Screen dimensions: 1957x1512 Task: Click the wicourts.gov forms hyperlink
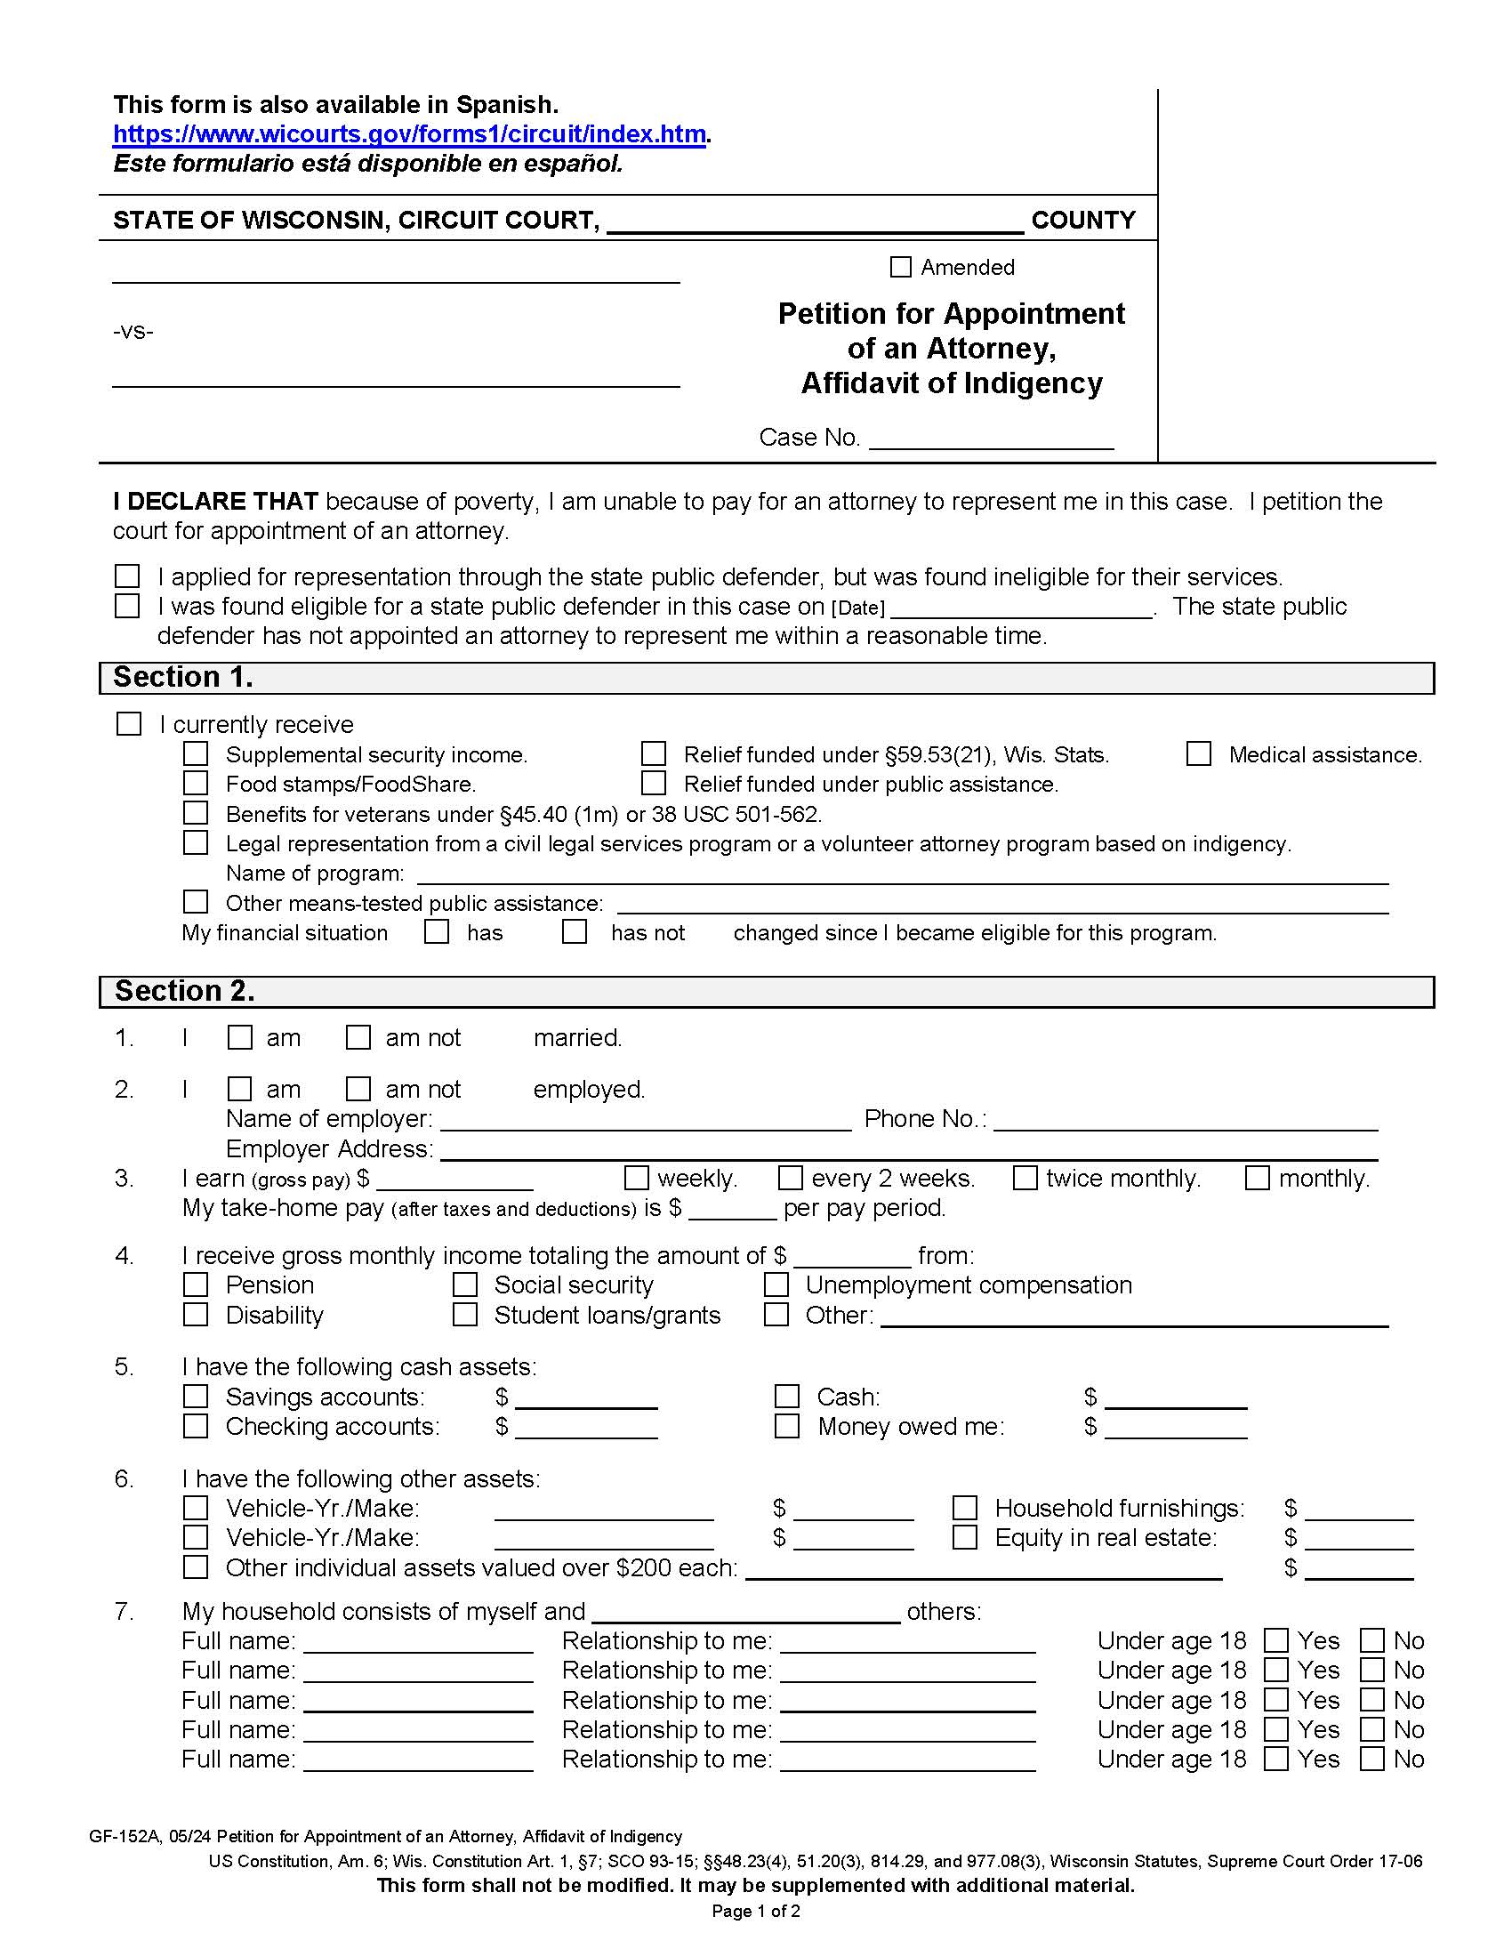coord(409,134)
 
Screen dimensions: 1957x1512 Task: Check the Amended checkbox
coord(900,267)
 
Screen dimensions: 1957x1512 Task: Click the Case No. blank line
coord(991,439)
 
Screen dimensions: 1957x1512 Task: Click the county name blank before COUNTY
coord(815,222)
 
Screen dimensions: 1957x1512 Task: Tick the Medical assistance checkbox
coord(1199,754)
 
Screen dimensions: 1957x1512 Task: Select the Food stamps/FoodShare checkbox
coord(196,784)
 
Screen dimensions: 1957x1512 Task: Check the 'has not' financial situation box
coord(575,932)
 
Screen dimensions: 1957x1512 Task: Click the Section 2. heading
coord(184,991)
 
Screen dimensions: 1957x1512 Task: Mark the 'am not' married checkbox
coord(358,1037)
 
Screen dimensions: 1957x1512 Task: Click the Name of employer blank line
coord(645,1121)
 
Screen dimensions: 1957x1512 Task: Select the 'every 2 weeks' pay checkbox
coord(790,1178)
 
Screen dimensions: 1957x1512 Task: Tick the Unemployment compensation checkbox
coord(776,1285)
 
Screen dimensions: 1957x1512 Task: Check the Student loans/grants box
coord(465,1315)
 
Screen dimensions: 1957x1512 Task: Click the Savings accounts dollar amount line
coord(586,1397)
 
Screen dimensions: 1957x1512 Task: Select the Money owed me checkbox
coord(786,1426)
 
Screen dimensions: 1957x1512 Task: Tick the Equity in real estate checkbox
coord(965,1538)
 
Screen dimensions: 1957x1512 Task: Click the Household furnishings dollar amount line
coord(1359,1510)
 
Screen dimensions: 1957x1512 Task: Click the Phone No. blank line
coord(1185,1121)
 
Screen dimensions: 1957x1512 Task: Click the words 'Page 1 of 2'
coord(755,1912)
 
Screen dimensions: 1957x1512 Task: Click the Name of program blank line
coord(902,874)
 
